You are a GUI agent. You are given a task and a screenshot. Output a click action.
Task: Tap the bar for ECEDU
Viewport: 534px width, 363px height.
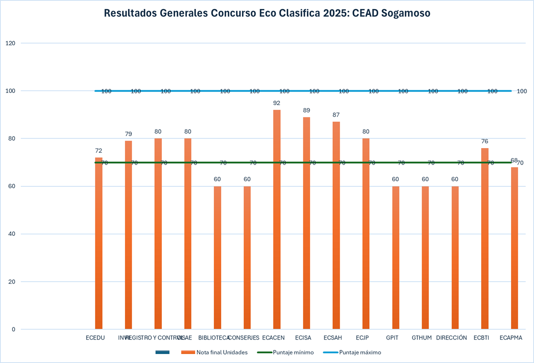click(98, 243)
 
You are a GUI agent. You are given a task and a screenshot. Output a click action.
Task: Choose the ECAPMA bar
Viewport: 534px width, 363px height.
click(514, 248)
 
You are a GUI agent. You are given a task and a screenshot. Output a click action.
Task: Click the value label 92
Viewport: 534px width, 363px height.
click(277, 103)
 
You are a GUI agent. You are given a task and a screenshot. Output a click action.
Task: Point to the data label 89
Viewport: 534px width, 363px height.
click(307, 110)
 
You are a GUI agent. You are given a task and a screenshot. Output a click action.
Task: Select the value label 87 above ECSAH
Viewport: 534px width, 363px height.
click(336, 115)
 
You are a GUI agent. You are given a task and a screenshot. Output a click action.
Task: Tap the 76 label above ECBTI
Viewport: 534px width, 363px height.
click(485, 141)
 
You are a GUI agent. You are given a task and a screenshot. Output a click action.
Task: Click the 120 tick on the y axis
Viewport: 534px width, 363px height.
click(10, 43)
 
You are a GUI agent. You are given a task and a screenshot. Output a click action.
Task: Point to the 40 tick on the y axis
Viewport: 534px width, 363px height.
click(12, 234)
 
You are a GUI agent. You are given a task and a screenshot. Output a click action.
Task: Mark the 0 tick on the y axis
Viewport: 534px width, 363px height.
click(13, 329)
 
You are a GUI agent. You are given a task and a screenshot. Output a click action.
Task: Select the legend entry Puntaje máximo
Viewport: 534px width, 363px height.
click(360, 353)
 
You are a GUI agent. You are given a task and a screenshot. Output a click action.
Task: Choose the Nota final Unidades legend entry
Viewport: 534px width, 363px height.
click(222, 353)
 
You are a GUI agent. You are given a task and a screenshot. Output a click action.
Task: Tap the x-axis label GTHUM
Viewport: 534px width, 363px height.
click(422, 338)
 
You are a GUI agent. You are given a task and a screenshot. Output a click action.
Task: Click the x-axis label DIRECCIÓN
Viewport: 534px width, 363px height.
click(452, 338)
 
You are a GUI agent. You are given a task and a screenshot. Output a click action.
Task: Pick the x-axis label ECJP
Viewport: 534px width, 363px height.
click(362, 338)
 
